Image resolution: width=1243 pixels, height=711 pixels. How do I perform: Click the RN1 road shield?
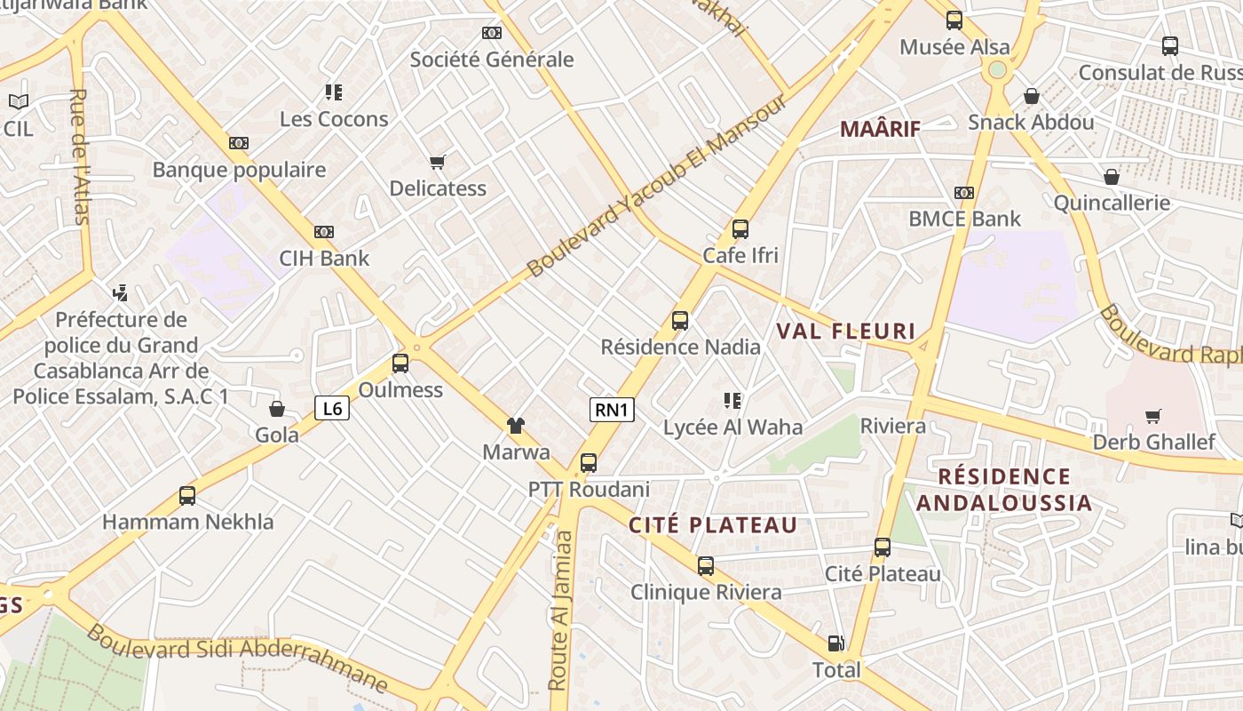612,410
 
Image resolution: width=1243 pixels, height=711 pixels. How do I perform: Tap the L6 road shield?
332,408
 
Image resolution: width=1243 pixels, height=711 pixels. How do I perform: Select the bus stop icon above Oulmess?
400,363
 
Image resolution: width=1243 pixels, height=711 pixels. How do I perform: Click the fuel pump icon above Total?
835,643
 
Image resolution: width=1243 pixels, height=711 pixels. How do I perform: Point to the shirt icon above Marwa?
516,426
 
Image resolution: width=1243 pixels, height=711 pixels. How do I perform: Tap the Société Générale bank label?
492,60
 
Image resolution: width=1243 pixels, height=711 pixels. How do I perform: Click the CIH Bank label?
324,259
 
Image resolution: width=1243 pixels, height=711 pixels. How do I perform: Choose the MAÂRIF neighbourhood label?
880,129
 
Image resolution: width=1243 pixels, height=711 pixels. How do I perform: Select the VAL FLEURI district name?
846,332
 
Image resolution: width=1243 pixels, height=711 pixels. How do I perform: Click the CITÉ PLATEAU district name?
714,525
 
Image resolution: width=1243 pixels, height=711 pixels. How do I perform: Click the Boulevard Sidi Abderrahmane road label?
238,658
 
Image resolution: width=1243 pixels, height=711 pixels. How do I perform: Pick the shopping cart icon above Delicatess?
437,162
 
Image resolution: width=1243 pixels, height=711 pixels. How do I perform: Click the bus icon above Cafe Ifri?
740,229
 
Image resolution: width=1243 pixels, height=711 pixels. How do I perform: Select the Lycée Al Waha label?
733,427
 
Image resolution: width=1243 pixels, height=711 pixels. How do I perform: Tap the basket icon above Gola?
277,409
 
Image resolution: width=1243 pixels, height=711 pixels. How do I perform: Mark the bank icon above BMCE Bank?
964,193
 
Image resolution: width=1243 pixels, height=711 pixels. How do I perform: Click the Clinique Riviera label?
706,592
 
